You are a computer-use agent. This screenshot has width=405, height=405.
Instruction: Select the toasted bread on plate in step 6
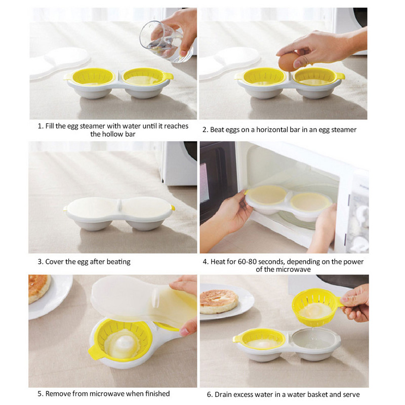click(219, 301)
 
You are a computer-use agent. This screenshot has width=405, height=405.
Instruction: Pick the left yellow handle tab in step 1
click(67, 77)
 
